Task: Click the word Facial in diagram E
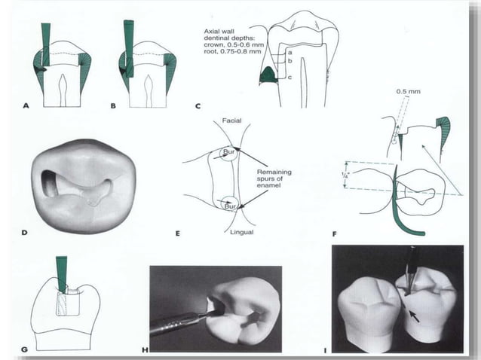click(x=231, y=121)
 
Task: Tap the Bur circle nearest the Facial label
click(x=228, y=153)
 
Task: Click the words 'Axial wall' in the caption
click(x=219, y=31)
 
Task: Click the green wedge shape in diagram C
click(x=268, y=75)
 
